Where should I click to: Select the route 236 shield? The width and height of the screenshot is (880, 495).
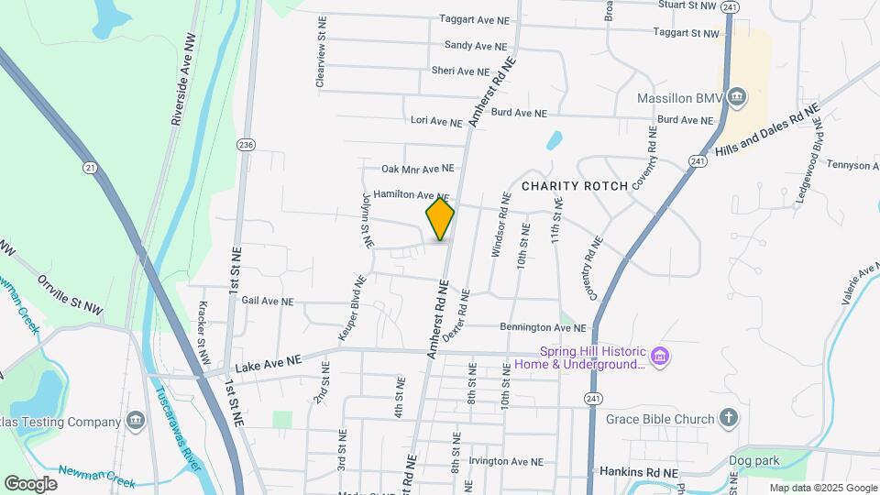point(245,145)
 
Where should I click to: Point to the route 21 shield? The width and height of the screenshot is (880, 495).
point(89,167)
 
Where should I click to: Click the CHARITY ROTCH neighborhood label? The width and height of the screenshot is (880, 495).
point(574,186)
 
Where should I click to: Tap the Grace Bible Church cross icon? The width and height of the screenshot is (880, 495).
point(729,420)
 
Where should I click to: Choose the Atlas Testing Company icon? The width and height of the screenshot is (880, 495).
point(136,421)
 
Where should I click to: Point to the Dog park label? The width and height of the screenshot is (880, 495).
point(753,461)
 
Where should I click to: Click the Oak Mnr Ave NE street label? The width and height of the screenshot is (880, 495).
point(418,169)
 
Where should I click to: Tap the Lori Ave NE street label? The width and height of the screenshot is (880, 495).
point(436,121)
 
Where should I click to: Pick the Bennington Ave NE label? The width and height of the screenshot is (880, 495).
point(543,327)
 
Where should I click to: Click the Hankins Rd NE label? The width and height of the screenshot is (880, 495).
point(639,472)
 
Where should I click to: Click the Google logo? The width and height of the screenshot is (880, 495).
point(30,483)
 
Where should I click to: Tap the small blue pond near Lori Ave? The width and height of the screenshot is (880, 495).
point(554,141)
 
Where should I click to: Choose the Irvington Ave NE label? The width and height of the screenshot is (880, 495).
point(506,462)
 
